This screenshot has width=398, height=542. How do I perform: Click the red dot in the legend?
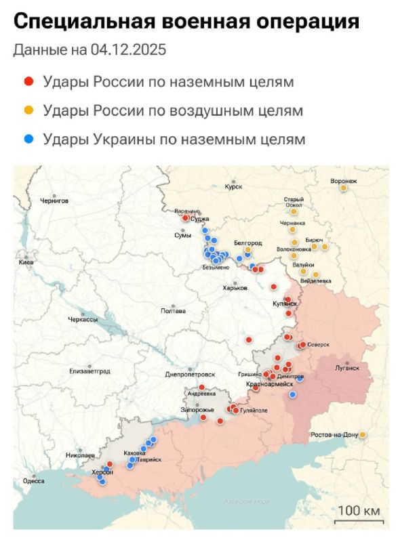(x=29, y=82)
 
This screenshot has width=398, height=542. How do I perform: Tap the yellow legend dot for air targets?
(x=29, y=110)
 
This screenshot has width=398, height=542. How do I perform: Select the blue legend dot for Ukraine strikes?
(x=29, y=139)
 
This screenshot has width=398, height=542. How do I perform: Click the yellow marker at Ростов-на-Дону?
(x=363, y=434)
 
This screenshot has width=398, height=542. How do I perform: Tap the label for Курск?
(x=233, y=187)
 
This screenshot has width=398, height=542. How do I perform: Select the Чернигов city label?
(x=54, y=201)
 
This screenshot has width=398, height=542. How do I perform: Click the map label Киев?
(x=26, y=262)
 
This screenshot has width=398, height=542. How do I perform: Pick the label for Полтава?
(x=172, y=311)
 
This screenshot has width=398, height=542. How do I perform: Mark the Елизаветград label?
(x=89, y=371)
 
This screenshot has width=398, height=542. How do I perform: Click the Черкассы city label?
(x=83, y=318)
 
